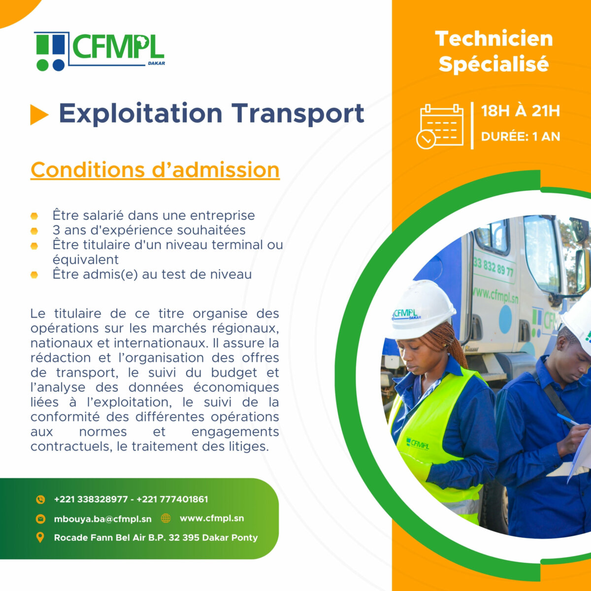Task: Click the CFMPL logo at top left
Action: point(99,51)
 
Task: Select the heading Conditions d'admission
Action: point(155,170)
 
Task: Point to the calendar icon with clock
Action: point(440,127)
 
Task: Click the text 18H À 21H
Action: point(521,111)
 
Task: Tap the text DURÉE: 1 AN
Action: point(521,136)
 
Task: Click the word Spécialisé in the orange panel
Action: point(494,64)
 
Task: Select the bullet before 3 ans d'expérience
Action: point(34,231)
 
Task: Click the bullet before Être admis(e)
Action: point(34,275)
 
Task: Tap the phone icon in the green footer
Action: point(40,499)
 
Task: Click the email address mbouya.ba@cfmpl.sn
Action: point(103,519)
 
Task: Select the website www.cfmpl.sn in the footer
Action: point(212,518)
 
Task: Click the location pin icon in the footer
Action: point(40,537)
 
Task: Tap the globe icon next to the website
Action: point(165,518)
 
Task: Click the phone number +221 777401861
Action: point(172,499)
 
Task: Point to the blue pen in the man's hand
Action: point(568,420)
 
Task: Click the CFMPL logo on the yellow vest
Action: point(418,443)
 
